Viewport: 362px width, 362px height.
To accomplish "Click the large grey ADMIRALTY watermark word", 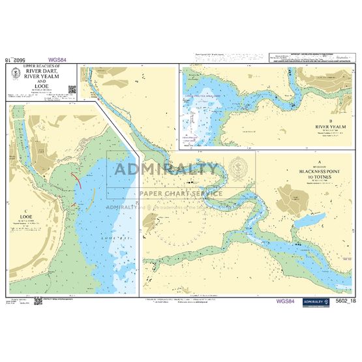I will click(166, 170).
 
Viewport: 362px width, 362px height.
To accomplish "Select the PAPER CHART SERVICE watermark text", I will click(181, 193).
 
